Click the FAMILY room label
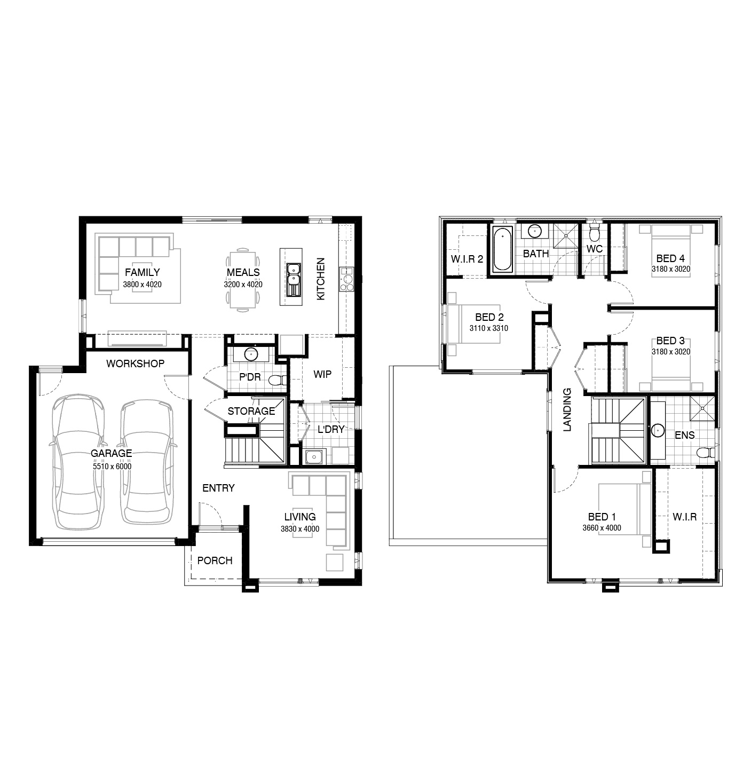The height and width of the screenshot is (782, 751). click(142, 272)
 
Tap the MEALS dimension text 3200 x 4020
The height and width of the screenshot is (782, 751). click(243, 285)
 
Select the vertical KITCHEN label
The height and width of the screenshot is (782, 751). click(321, 279)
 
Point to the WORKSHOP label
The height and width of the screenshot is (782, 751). click(136, 364)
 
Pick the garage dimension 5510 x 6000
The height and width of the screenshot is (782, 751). click(112, 467)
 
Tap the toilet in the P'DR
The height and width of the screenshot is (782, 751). click(278, 380)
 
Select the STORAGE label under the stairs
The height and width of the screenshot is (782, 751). click(251, 411)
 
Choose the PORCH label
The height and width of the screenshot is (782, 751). click(215, 560)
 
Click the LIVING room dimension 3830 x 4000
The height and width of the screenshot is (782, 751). click(300, 529)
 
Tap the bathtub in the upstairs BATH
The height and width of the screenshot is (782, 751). click(502, 249)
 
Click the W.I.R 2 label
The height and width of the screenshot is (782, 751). click(467, 259)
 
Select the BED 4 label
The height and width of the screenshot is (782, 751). click(670, 258)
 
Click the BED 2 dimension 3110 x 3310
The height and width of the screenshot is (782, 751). click(488, 328)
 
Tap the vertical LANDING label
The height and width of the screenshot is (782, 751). click(567, 409)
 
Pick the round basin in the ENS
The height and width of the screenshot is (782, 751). click(658, 430)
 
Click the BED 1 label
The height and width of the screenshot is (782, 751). click(602, 517)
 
